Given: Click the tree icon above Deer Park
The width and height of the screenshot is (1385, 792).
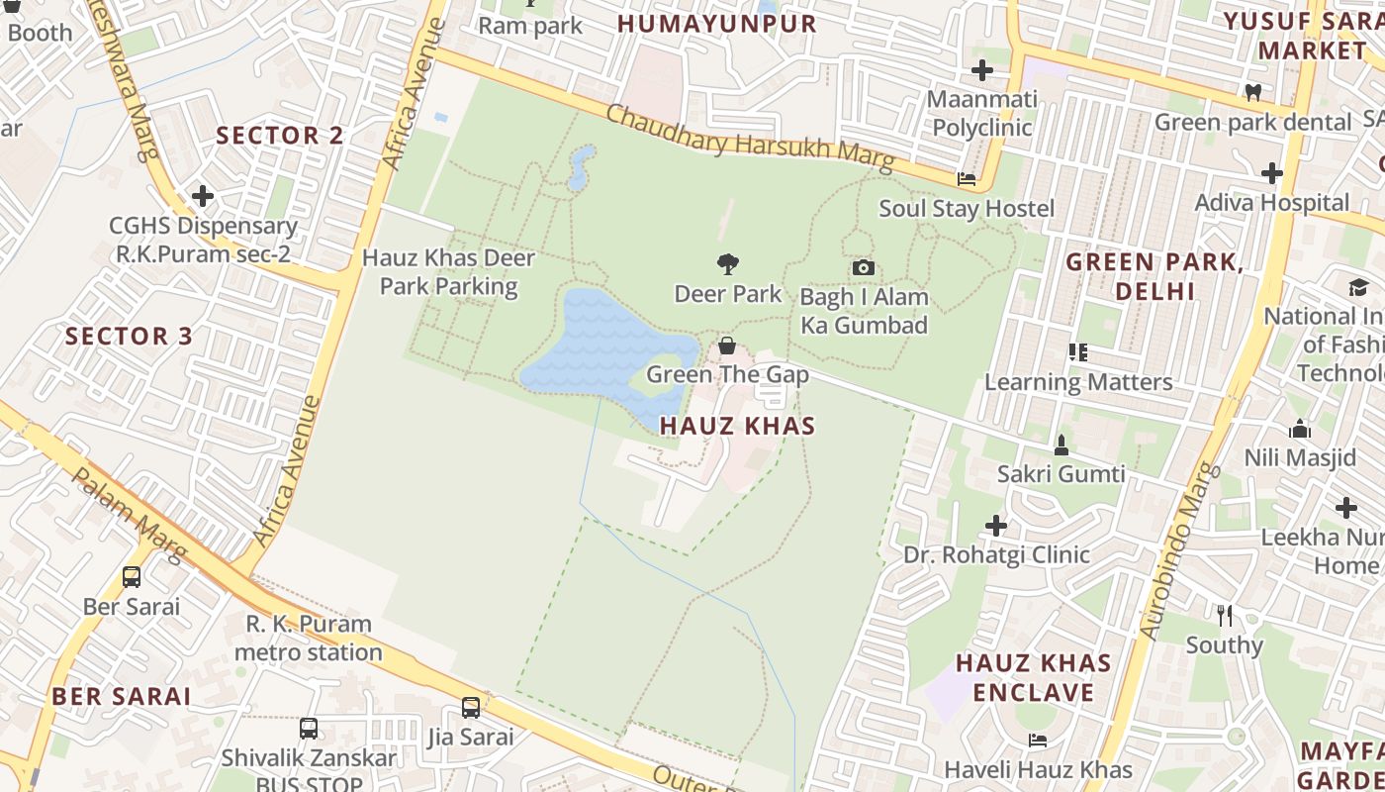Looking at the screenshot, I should [728, 264].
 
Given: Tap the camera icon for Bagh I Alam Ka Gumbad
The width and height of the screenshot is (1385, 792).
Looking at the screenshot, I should [864, 267].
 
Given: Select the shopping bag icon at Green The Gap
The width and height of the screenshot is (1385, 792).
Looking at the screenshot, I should [727, 346].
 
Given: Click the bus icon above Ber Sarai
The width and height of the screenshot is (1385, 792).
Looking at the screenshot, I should [132, 576].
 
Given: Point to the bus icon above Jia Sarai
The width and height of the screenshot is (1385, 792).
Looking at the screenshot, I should [471, 708].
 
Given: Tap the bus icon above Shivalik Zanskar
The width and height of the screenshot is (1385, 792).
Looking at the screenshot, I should [309, 729].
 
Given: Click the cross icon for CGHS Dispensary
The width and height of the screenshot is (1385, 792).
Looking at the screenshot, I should [203, 196].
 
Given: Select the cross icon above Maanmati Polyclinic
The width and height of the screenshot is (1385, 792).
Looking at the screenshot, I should [982, 70].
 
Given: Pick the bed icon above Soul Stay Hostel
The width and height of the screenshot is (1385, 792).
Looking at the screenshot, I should [967, 179].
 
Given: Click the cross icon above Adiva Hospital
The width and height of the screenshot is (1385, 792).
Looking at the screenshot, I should [1272, 173].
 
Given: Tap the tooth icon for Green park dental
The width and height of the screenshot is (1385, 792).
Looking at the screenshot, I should [1252, 92].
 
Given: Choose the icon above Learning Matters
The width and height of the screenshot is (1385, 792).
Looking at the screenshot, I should [1078, 351].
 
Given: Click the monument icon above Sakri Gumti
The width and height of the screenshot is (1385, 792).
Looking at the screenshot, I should [1062, 445].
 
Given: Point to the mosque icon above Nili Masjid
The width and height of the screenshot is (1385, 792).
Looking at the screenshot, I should [1300, 429].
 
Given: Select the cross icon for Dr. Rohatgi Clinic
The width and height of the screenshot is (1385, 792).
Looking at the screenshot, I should [996, 525].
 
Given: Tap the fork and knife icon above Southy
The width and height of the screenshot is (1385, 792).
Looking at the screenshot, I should [1225, 615].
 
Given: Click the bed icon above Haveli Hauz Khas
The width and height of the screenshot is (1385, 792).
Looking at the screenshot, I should [1038, 740].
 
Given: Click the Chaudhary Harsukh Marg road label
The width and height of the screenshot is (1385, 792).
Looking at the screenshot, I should [749, 137].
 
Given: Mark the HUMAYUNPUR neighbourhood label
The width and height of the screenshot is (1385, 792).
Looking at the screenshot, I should [717, 24].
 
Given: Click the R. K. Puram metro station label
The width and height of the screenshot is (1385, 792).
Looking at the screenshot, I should [309, 638].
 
